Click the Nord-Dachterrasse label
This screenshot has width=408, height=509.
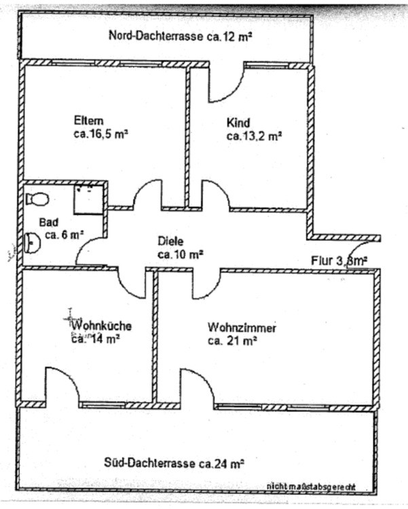[180, 36]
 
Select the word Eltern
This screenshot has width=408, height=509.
[89, 121]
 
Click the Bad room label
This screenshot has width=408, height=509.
[49, 222]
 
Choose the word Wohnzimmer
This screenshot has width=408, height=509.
[242, 328]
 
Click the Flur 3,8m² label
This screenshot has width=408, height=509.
[339, 259]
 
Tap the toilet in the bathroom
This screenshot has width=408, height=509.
[37, 198]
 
